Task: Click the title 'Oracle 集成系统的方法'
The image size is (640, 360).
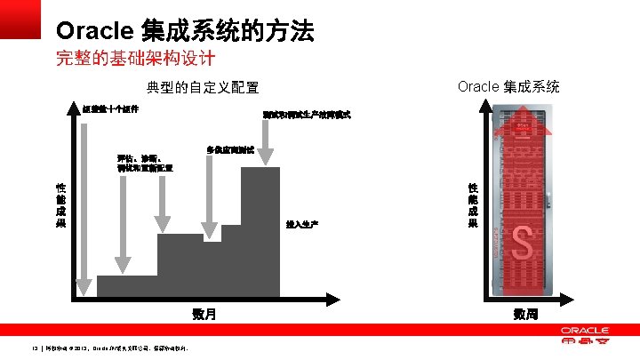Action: pyautogui.click(x=184, y=31)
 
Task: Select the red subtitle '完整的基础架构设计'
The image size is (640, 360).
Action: pyautogui.click(x=135, y=60)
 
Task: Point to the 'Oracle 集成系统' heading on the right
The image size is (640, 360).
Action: pyautogui.click(x=508, y=86)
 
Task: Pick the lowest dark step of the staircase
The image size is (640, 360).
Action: pyautogui.click(x=126, y=286)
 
